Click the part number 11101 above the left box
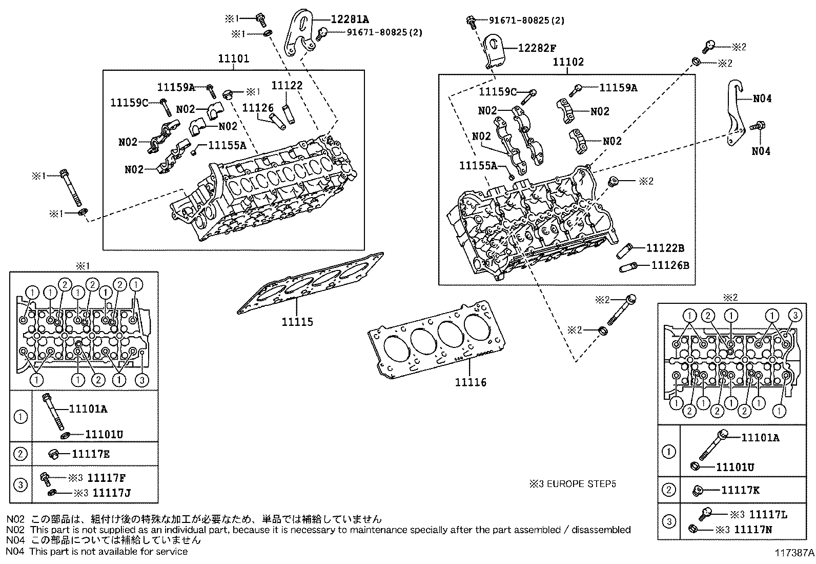[x=234, y=59]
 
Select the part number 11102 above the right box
[x=568, y=62]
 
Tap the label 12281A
[x=350, y=20]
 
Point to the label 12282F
[x=537, y=48]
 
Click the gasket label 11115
[x=297, y=322]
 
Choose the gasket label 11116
[x=471, y=382]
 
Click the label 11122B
[x=665, y=248]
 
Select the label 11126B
[x=670, y=265]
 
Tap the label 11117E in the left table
[x=91, y=454]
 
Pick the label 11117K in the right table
[x=740, y=490]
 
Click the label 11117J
[x=111, y=493]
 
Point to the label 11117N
[x=753, y=529]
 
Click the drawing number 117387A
[x=794, y=553]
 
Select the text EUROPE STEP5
[x=581, y=484]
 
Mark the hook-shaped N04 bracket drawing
[x=736, y=112]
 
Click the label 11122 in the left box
[x=287, y=85]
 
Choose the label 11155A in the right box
[x=478, y=166]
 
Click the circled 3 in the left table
[x=21, y=485]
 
